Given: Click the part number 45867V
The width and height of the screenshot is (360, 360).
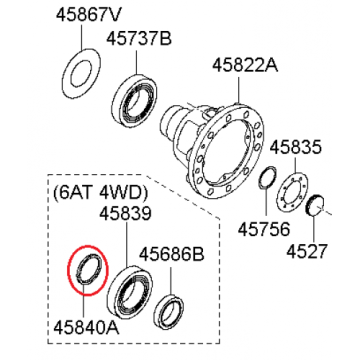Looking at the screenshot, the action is click(x=88, y=16).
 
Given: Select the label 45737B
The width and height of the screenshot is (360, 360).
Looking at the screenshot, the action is click(x=139, y=39).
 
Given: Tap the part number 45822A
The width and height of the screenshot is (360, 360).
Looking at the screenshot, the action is click(x=245, y=65).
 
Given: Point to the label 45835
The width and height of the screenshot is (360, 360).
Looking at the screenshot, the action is click(x=295, y=147).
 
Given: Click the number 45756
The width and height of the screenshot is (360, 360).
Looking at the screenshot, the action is click(x=264, y=229).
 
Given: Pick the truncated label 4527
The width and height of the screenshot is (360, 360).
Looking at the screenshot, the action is click(x=307, y=251).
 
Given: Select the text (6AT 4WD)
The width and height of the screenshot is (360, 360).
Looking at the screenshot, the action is click(x=100, y=193).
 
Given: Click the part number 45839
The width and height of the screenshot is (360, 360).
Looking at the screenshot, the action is click(x=126, y=214).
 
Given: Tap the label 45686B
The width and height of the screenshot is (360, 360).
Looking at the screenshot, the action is click(x=171, y=255).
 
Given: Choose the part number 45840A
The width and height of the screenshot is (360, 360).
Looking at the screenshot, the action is click(x=86, y=328).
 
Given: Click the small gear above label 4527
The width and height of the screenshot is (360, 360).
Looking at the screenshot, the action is click(x=314, y=207).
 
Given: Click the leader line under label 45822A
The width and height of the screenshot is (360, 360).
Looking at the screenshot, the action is click(x=239, y=90).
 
